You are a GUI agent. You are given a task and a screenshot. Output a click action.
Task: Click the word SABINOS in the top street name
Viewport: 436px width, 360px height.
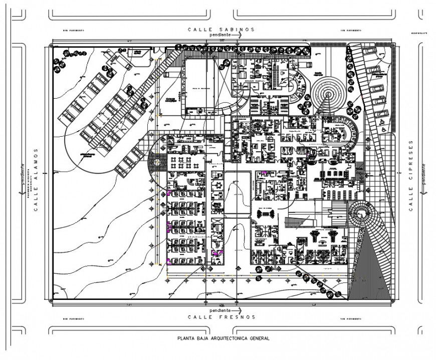tap(236, 30)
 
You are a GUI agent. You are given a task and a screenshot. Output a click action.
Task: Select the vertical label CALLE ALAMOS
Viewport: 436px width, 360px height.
tap(36, 179)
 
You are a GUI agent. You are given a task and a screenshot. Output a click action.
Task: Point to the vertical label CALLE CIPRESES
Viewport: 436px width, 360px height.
tap(411, 175)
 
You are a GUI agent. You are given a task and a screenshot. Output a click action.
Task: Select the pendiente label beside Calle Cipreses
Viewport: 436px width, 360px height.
tap(423, 173)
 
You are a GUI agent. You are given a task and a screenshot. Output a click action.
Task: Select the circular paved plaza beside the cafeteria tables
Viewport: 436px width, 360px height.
tap(157, 162)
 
